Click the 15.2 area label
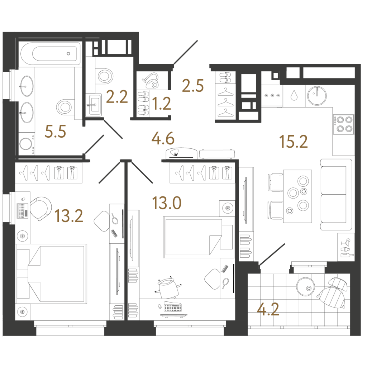point(294,142)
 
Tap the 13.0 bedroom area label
point(167,203)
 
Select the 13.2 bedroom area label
point(69,216)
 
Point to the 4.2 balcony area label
point(268,309)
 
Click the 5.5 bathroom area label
point(56,131)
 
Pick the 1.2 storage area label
point(162,104)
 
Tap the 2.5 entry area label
point(193,85)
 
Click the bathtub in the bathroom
point(50,54)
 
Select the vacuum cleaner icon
point(151,80)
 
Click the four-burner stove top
point(344,124)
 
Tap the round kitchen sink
point(317,96)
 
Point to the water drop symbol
point(294,95)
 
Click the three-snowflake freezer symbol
point(272,95)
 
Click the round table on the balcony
point(305,287)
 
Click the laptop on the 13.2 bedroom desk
point(23,211)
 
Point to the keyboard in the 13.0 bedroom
point(173,307)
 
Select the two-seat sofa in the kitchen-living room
point(336,195)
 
